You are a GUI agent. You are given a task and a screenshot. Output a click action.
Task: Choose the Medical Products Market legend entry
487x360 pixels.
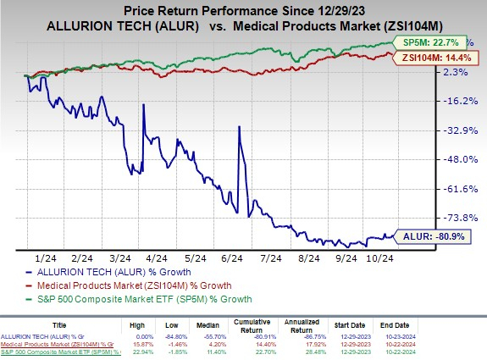click(136, 285)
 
